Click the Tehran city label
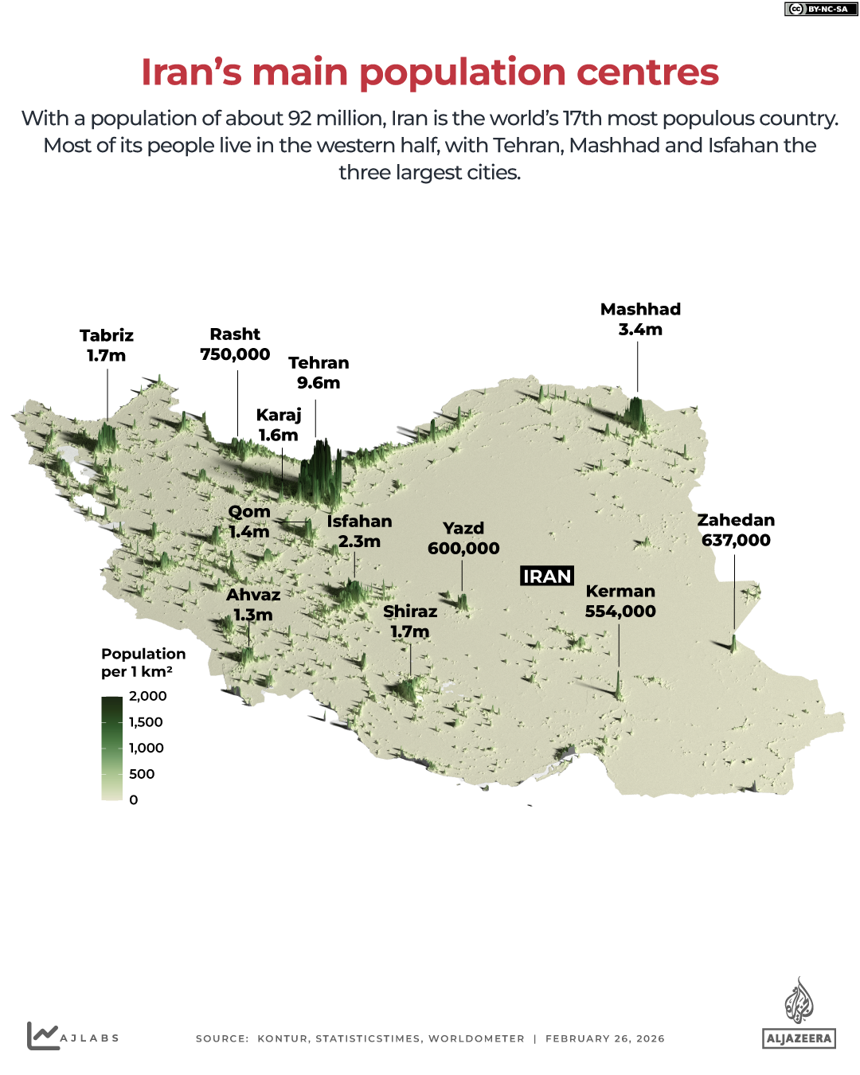(x=319, y=373)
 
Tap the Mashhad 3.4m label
(x=640, y=319)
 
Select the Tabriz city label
(x=107, y=346)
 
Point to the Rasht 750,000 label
(x=235, y=344)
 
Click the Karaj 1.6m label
(x=279, y=425)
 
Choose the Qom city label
(x=249, y=522)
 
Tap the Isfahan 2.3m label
(x=359, y=531)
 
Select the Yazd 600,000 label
(x=463, y=538)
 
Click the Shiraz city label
(x=410, y=621)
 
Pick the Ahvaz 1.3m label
(x=253, y=604)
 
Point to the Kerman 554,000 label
(x=620, y=601)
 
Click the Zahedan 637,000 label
(x=736, y=530)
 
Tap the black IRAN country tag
(x=547, y=576)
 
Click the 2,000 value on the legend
(x=148, y=696)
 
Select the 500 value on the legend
(x=142, y=774)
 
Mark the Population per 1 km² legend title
(x=143, y=663)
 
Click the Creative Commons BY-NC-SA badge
(x=818, y=9)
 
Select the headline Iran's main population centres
(x=430, y=72)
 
